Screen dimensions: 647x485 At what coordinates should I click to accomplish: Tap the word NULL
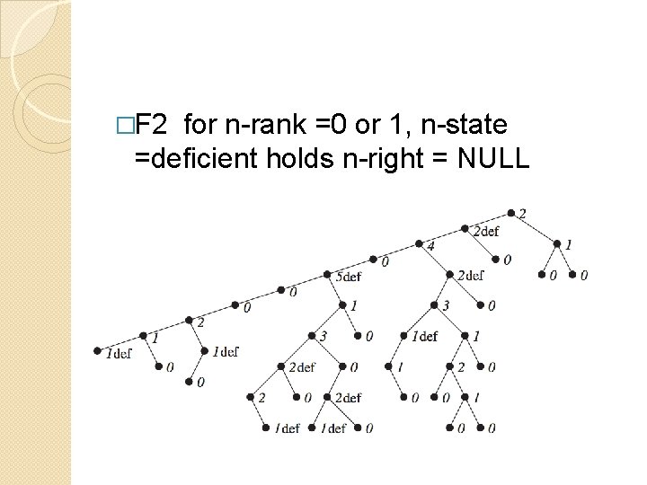(x=493, y=159)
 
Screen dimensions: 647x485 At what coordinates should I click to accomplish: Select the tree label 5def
(x=350, y=277)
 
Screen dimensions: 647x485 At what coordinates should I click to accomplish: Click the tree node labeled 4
(x=419, y=243)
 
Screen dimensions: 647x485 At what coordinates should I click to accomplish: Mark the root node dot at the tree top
(x=510, y=214)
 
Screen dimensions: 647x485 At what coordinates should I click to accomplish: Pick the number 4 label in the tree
(x=430, y=246)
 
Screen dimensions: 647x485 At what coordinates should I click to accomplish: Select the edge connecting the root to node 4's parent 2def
(x=488, y=221)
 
